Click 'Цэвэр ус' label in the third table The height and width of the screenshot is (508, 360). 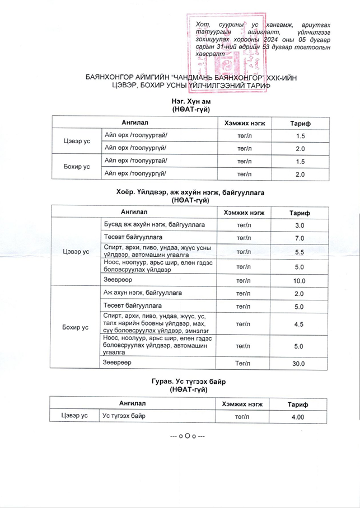75,417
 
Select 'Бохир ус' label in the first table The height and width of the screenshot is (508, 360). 77,167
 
